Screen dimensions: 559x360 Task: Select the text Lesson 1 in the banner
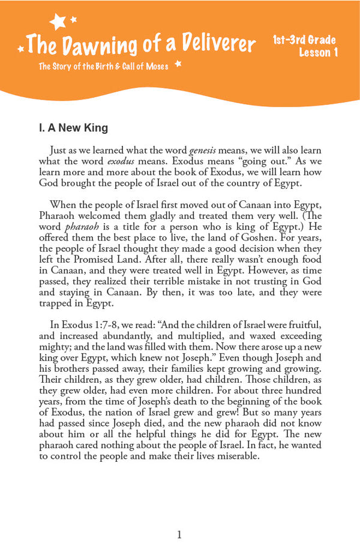coord(319,53)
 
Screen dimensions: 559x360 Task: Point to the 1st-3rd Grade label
coord(304,41)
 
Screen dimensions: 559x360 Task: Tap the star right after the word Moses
coord(178,64)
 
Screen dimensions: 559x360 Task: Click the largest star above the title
coord(58,22)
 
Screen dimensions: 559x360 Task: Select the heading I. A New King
coord(73,128)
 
